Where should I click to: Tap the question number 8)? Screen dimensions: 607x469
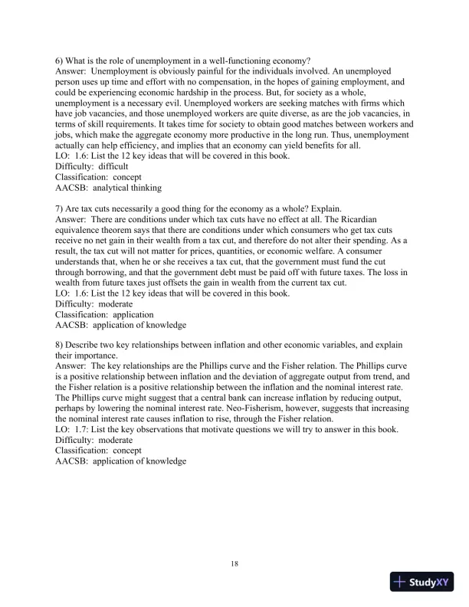tap(61, 345)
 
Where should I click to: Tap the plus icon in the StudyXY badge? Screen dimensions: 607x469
tap(399, 582)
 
